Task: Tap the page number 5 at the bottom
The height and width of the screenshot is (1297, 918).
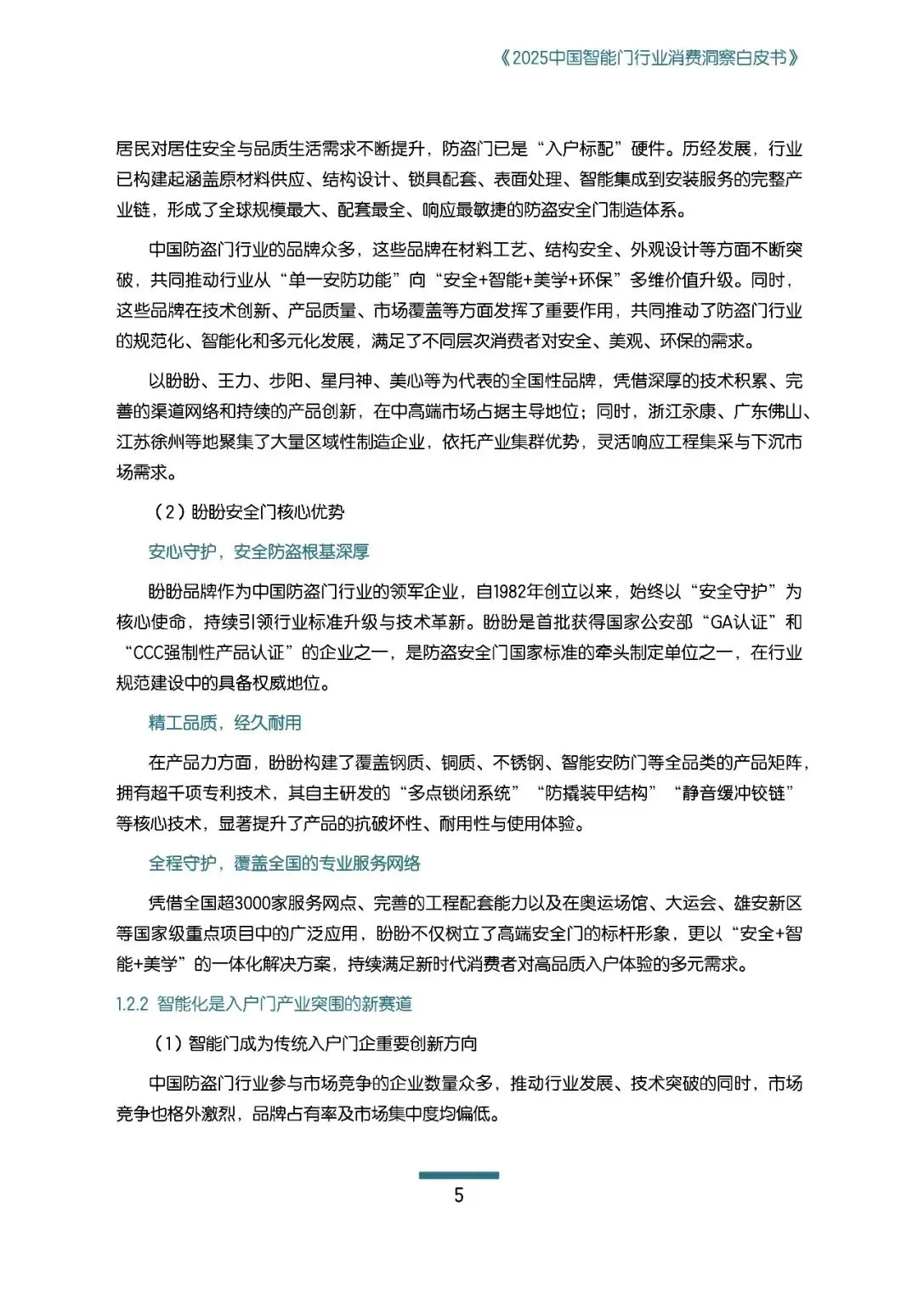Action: [x=459, y=1195]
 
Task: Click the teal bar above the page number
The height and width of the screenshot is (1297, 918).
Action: [x=459, y=1175]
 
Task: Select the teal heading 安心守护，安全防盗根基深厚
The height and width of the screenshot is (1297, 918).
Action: [x=258, y=552]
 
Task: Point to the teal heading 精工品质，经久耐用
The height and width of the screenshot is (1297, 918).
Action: [x=225, y=723]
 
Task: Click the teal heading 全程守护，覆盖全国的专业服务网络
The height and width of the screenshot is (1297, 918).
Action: [x=285, y=864]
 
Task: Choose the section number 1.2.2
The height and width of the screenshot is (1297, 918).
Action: [x=132, y=1004]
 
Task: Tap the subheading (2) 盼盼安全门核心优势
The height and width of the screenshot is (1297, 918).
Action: [x=249, y=512]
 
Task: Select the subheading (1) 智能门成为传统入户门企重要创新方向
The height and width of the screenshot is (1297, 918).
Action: [x=315, y=1044]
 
